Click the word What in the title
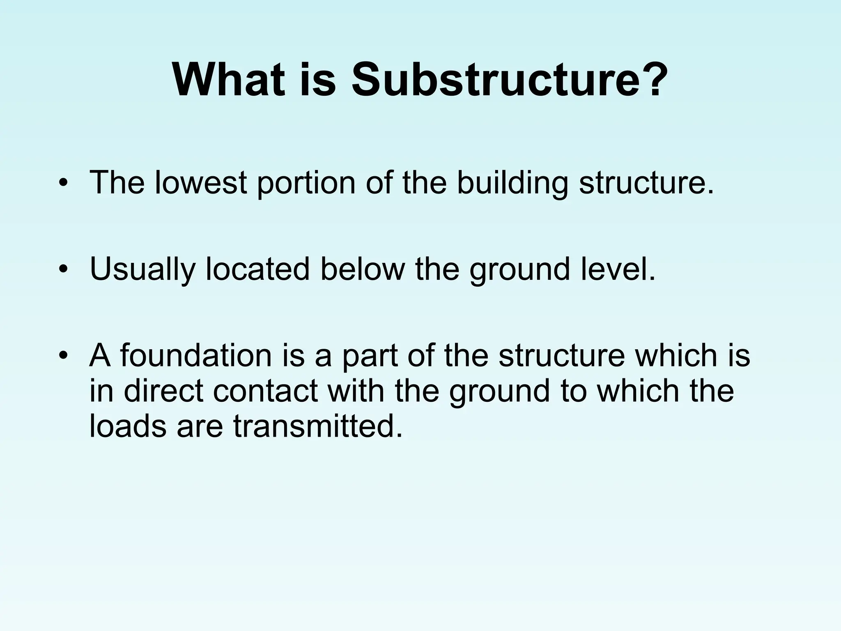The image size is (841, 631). pos(228,80)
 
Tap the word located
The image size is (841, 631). pos(257,269)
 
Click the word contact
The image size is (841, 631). pos(265,391)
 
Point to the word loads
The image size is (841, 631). pos(128,426)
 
